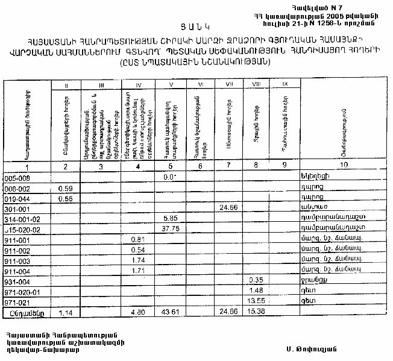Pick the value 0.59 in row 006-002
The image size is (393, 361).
(x=65, y=188)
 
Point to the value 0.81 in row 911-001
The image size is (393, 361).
(x=137, y=239)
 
